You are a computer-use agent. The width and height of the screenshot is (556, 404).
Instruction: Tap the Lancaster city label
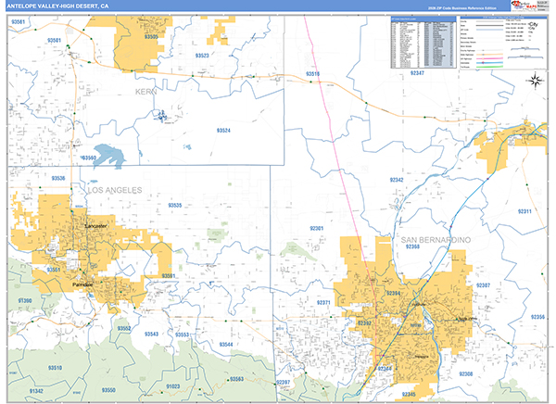click(x=95, y=225)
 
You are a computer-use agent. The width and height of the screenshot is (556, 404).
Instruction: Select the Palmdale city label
click(x=84, y=284)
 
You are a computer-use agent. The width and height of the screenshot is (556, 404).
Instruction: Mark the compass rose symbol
click(x=535, y=81)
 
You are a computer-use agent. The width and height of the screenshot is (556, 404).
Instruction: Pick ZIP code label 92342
click(x=397, y=179)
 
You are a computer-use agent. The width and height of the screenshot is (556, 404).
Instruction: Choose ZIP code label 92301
click(x=317, y=228)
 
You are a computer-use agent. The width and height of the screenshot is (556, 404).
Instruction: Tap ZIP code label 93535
click(x=175, y=206)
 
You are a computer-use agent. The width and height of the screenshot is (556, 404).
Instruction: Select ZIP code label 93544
click(x=226, y=344)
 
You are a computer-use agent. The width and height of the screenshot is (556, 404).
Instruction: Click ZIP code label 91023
click(x=173, y=385)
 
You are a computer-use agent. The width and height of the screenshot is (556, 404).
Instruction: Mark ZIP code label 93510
click(x=56, y=368)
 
